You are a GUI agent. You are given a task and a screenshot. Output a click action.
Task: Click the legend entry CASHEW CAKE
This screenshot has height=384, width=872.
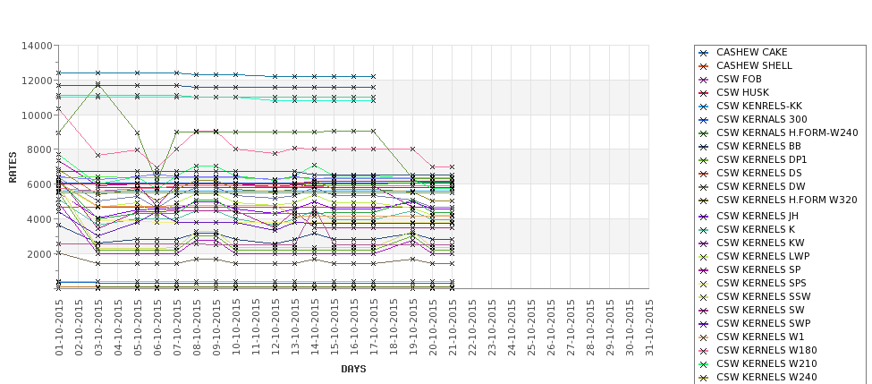[752, 53]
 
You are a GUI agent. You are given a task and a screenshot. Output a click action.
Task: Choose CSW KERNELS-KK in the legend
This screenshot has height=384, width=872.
[759, 106]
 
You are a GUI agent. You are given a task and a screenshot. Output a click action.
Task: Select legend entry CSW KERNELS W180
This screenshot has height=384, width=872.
[766, 350]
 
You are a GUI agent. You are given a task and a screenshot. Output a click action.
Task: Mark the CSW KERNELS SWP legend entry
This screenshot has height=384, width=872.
[764, 323]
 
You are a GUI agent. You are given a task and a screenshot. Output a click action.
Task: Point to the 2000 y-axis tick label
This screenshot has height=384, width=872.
[38, 254]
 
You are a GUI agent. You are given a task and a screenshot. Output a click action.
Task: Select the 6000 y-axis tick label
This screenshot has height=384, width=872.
[38, 184]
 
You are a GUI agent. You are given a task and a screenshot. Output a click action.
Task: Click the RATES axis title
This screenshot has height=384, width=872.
[13, 166]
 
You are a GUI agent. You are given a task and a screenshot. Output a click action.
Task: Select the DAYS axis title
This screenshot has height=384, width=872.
[353, 369]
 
